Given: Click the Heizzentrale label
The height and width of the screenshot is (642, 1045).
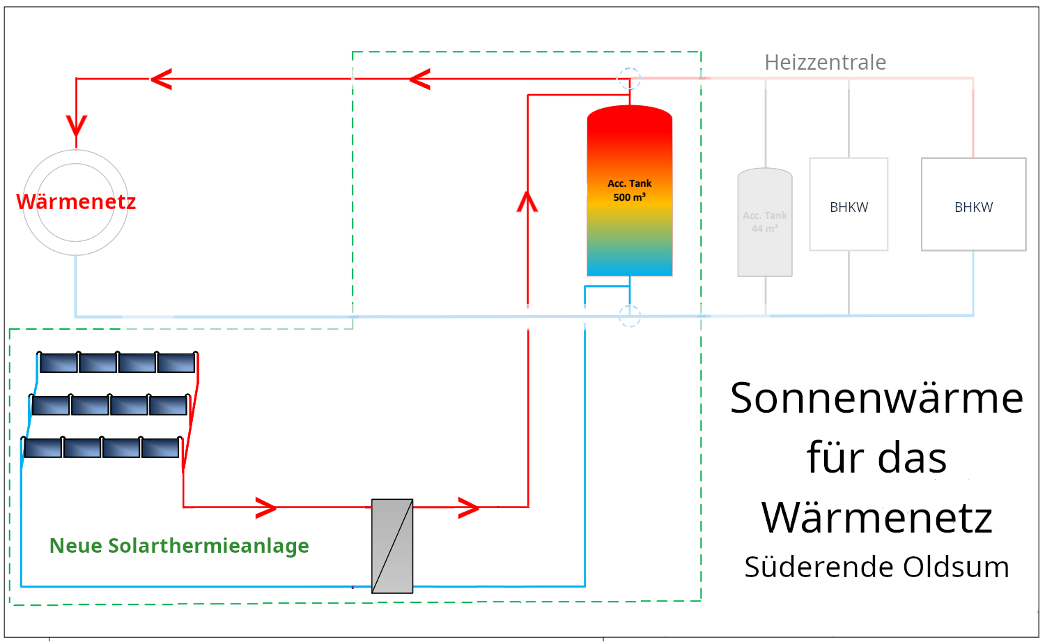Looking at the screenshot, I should (825, 63).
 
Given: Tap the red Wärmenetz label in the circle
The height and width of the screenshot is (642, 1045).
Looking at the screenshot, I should (76, 202).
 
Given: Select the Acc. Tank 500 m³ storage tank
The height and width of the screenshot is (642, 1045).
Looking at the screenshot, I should (629, 191).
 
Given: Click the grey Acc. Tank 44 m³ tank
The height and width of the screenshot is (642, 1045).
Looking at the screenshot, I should (765, 222).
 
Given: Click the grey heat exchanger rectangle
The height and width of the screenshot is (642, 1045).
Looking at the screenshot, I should (392, 546).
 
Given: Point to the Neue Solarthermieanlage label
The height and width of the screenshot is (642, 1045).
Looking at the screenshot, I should (179, 546).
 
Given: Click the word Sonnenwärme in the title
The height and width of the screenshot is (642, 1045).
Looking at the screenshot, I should (876, 399).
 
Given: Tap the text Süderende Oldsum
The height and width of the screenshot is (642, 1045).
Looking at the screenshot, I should (876, 567).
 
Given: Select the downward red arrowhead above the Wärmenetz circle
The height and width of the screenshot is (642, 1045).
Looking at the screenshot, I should (76, 126).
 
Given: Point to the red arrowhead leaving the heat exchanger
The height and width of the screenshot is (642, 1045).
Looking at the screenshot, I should (469, 507).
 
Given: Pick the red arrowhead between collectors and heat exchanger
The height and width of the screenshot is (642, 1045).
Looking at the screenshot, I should (266, 507).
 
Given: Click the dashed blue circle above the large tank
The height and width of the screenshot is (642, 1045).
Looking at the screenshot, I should (630, 78).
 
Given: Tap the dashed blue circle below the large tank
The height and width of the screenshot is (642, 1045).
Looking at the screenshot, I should (630, 316).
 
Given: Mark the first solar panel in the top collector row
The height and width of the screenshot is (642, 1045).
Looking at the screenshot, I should (59, 362).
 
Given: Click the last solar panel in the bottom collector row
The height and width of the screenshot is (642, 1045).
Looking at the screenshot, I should (160, 448).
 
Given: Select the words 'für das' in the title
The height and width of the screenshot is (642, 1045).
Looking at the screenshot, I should (876, 459).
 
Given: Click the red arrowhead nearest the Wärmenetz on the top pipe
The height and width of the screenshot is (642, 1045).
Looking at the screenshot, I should (161, 79).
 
